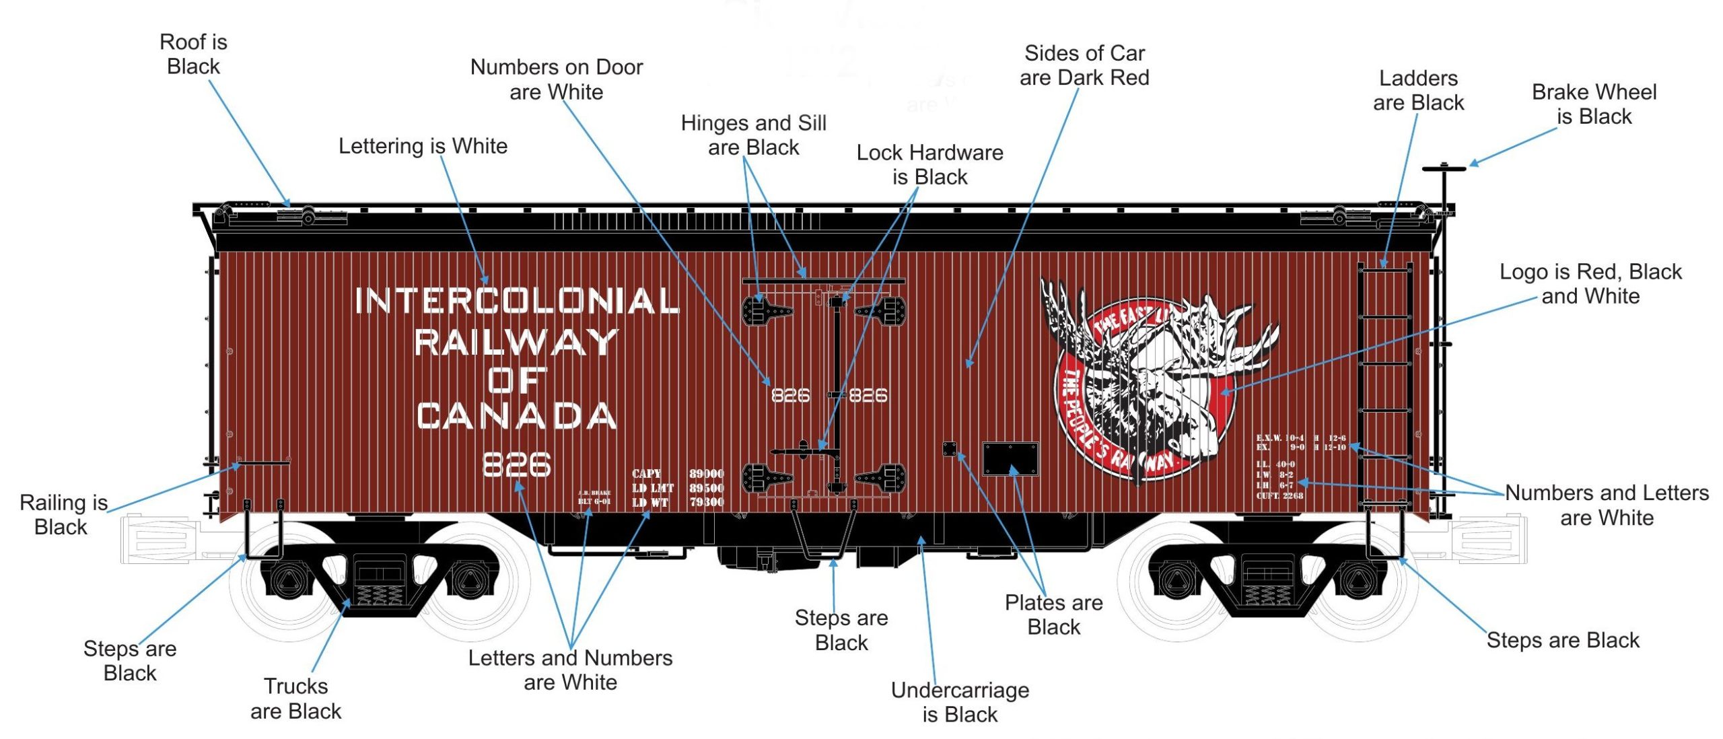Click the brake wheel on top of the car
coord(1444,168)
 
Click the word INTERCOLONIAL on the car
coord(517,301)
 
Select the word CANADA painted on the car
coord(517,416)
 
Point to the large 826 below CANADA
coord(517,464)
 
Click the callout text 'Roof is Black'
coord(193,54)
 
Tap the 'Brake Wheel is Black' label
coord(1594,104)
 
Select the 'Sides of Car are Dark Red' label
coord(1084,65)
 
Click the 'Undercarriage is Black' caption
coord(960,702)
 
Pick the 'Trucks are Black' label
coord(296,699)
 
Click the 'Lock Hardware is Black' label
coord(929,164)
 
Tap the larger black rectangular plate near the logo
coord(1010,459)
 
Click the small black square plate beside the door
coord(949,449)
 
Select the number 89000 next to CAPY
coord(706,474)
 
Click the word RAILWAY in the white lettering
coord(517,341)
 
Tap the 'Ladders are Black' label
coord(1418,90)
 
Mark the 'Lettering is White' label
coord(423,146)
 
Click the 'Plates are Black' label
coord(1053,614)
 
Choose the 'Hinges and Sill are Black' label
coord(753,135)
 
